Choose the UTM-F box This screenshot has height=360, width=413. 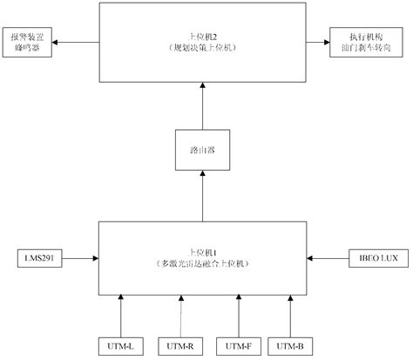(x=238, y=346)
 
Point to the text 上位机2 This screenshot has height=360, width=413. (x=202, y=37)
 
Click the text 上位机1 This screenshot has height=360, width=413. (x=202, y=250)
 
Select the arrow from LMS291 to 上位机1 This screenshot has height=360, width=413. (x=80, y=258)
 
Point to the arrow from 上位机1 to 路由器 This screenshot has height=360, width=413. (x=201, y=196)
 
